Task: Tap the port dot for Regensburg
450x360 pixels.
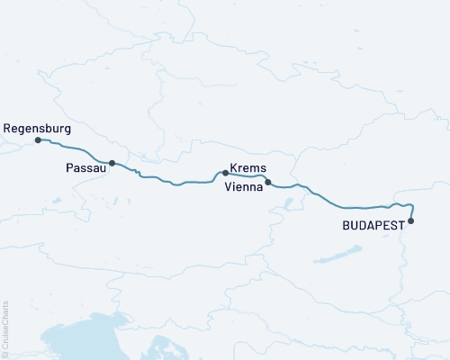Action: point(38,140)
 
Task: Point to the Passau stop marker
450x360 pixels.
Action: point(112,163)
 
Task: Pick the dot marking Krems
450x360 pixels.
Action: point(225,172)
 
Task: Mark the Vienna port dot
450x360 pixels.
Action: point(267,182)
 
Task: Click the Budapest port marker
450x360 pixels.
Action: point(411,220)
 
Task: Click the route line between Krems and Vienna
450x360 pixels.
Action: point(247,175)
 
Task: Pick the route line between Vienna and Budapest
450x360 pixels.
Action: point(342,207)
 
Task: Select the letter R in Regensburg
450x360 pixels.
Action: point(7,128)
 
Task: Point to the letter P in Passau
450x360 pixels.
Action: point(70,168)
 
